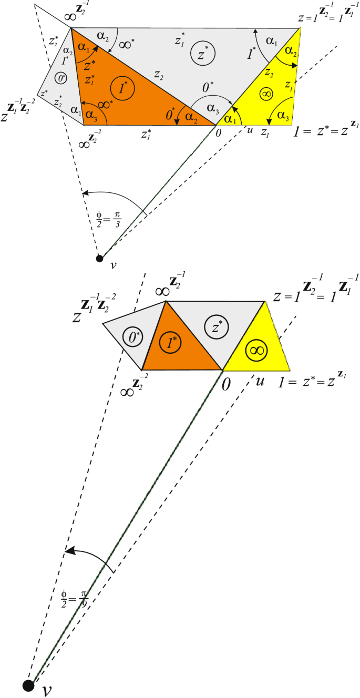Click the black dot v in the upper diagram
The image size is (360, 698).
pos(99,258)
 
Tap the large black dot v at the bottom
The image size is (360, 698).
pos(28,684)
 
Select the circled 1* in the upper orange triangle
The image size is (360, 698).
pos(124,88)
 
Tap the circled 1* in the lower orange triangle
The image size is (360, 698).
pos(170,343)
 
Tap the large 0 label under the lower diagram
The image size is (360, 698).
pos(225,384)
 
